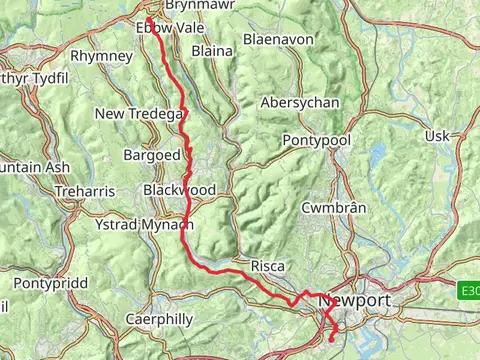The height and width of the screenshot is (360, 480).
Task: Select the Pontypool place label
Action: coord(317,140)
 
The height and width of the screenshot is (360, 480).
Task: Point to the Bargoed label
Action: coord(151,156)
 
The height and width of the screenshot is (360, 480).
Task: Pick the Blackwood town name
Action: coord(179,189)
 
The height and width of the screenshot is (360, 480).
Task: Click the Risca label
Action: coord(268,266)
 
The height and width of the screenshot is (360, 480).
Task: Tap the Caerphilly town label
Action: coord(158,319)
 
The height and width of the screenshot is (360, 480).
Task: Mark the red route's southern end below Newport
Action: coord(331,340)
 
